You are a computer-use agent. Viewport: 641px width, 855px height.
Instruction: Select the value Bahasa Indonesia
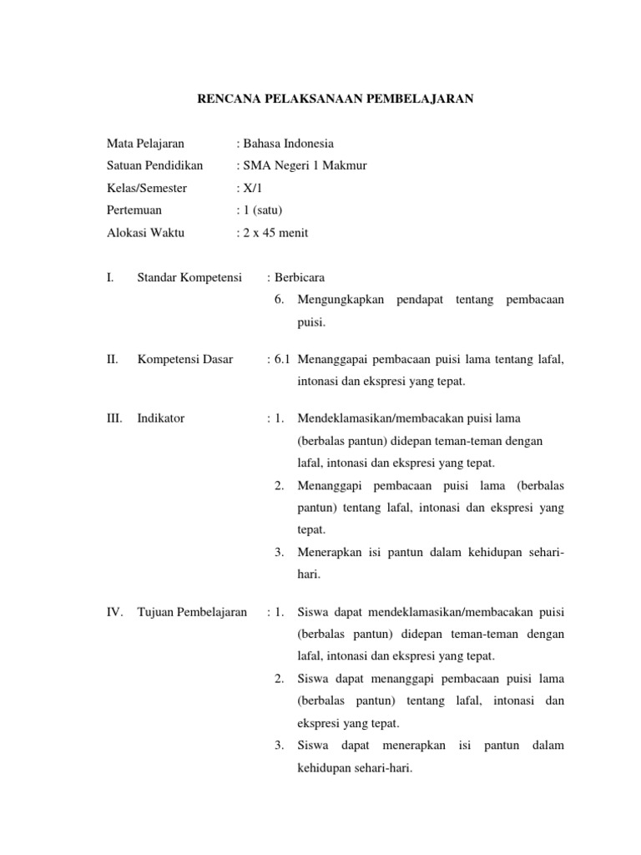pos(288,144)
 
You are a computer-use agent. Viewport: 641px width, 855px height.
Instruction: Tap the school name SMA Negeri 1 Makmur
pos(305,165)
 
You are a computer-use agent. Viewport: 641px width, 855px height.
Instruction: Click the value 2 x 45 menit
pos(275,233)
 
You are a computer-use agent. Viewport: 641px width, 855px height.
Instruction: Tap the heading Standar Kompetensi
pos(189,277)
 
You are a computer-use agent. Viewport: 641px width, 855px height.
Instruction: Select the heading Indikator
pos(161,418)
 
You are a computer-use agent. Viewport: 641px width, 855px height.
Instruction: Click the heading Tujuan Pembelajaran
pos(192,612)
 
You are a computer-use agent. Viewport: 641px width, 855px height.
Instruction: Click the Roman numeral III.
pos(115,418)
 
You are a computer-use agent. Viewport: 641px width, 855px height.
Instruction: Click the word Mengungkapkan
pos(346,300)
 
